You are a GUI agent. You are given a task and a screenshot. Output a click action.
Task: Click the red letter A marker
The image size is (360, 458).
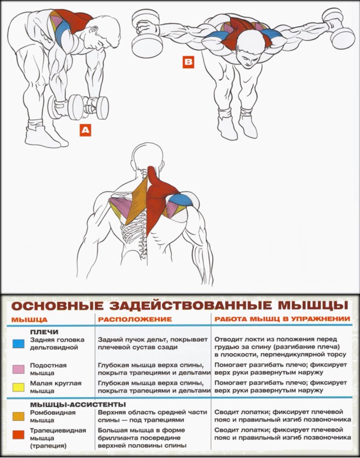(85, 130)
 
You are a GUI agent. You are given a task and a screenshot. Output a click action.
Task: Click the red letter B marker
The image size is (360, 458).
(188, 63)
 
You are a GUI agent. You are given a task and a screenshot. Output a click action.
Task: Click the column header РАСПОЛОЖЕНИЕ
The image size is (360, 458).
(135, 319)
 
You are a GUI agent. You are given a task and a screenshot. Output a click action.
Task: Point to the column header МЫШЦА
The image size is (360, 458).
(30, 319)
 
